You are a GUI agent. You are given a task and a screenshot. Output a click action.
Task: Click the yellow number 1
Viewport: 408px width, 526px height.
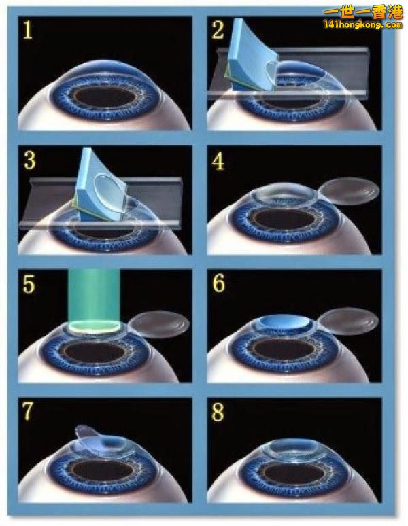pos(27,30)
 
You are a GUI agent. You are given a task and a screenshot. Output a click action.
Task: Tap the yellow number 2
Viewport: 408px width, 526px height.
pos(218,29)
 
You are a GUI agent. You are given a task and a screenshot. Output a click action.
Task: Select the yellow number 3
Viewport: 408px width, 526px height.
pos(30,160)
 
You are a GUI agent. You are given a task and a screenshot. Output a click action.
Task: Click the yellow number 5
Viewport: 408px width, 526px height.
pos(29,284)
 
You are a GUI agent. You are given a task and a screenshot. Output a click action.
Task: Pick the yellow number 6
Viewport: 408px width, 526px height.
pos(219,283)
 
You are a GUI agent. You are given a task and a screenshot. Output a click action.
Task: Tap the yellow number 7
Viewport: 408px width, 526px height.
pos(28,411)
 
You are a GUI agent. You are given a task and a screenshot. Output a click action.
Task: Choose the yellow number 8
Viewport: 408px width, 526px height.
pos(218,412)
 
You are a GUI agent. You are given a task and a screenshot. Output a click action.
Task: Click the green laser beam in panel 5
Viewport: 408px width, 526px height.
pos(94,298)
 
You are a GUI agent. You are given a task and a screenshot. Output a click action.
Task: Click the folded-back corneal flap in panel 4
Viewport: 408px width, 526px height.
pos(349,191)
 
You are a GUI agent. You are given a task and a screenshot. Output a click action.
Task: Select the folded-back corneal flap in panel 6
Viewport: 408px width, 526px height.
pos(348,321)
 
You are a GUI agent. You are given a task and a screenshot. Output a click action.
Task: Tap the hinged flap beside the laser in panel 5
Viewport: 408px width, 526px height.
pos(158,324)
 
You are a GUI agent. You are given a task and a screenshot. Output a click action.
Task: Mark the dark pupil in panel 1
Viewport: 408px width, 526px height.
pos(105,97)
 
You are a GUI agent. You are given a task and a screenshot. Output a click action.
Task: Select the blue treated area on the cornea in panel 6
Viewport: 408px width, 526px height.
pos(284,321)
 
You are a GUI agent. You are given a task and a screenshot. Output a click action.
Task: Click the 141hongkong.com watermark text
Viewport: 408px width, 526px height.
pos(362,24)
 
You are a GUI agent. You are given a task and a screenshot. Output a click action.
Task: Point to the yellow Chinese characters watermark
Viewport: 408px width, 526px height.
pos(362,12)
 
